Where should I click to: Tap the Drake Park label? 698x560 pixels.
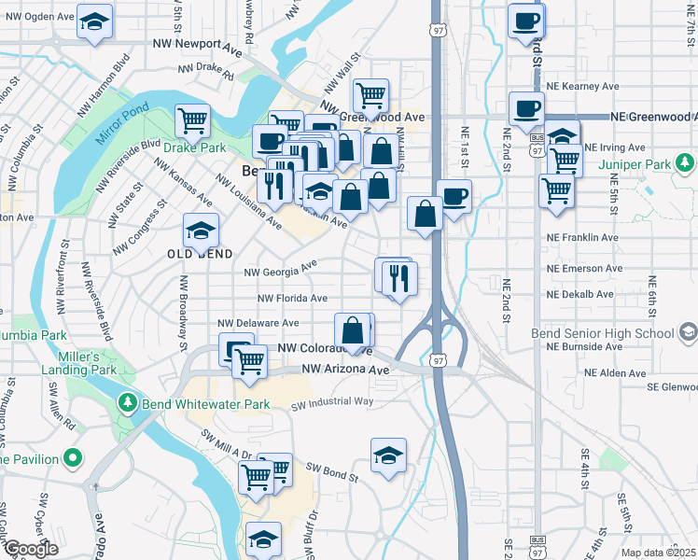tap(195, 147)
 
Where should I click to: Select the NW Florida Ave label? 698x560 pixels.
tap(292, 299)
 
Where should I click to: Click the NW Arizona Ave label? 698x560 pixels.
tap(344, 370)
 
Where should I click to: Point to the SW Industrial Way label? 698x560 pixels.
tap(332, 402)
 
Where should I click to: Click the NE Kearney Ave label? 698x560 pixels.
tap(583, 86)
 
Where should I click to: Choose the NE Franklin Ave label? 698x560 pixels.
tap(582, 238)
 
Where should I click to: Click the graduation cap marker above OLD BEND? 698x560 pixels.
tap(201, 230)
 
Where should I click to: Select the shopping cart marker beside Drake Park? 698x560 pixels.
tap(192, 120)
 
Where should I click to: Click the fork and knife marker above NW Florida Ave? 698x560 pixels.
tap(399, 277)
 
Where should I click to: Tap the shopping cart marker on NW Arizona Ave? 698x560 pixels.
tap(249, 361)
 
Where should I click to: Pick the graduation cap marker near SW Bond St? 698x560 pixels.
tap(387, 455)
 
